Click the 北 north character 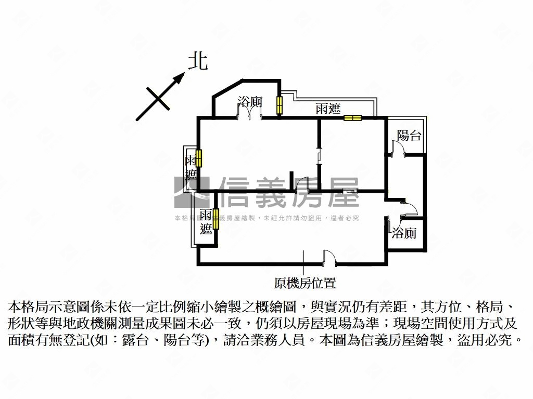coord(198,61)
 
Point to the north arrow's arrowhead coord(180,78)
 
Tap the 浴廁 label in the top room coord(249,102)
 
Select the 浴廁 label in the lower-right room coord(404,233)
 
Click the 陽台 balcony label coord(409,136)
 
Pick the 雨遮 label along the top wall coord(328,109)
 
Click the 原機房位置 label coord(304,283)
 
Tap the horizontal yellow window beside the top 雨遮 coord(352,118)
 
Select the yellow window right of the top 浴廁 coord(279,105)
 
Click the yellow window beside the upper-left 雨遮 coord(198,158)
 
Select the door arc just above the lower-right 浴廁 coord(409,209)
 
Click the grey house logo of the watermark coord(192,192)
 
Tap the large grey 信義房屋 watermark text coord(289,192)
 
